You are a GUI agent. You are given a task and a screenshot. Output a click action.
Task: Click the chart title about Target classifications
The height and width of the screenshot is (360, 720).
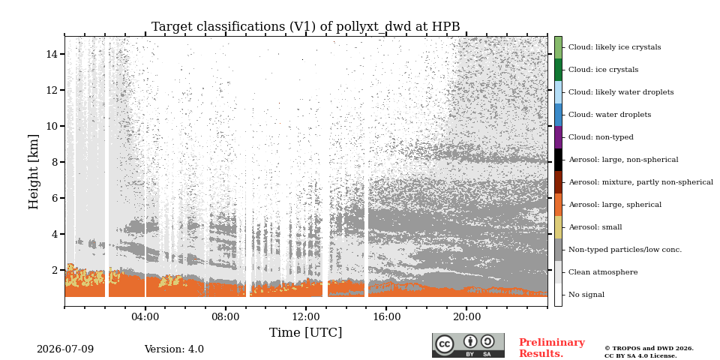pos(306,27)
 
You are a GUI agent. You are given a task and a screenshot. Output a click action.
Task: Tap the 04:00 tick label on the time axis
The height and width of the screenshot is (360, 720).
pos(145,316)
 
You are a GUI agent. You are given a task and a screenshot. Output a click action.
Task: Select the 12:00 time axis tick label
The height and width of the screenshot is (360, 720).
pos(306,316)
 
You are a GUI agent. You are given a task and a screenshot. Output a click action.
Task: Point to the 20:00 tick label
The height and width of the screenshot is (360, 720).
pos(466,316)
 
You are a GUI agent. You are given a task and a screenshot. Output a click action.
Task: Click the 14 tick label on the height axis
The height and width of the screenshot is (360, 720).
pos(52,54)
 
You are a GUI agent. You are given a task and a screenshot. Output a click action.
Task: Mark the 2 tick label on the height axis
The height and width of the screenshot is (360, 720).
pos(55,270)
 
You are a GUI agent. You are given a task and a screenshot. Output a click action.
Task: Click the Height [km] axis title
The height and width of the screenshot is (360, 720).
pos(34,172)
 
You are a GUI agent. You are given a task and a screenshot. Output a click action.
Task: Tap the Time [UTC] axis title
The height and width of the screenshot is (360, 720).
pos(306,332)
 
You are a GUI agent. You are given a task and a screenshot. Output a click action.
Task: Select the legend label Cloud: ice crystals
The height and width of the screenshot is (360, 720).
pos(603,70)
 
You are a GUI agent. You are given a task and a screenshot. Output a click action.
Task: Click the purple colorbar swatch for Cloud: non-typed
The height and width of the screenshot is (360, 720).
pos(558,137)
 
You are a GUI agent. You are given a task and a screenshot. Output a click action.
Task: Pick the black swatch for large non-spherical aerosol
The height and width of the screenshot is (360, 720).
pos(558,160)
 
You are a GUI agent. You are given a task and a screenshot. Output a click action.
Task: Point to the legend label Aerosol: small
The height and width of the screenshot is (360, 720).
pos(595,227)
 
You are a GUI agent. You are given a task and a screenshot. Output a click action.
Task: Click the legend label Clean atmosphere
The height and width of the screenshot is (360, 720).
pos(603,272)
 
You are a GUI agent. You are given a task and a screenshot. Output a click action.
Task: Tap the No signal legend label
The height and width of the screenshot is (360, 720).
pos(586,295)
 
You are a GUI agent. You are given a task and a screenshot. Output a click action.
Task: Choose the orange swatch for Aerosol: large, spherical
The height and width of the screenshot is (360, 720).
pos(558,205)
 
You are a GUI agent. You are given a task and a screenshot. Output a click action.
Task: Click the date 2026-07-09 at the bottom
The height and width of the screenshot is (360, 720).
pos(65,349)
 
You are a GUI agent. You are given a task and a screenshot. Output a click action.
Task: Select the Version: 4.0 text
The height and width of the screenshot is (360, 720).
pos(174,349)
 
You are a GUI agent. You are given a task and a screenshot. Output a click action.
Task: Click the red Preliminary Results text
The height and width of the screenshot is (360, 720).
pos(552,348)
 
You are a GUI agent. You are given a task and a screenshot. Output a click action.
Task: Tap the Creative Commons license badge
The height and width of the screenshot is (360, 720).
pos(468,345)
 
